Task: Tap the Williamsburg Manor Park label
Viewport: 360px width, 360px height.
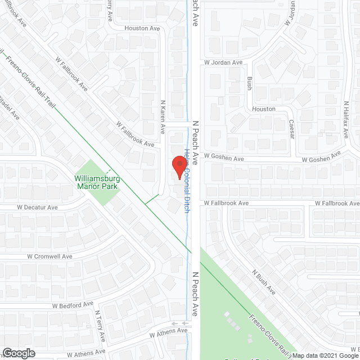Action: pos(98,183)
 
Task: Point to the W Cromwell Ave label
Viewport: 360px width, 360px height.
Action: pos(49,256)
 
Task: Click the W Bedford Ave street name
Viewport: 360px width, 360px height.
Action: pos(73,305)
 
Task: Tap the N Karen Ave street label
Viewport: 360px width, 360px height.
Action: pos(163,116)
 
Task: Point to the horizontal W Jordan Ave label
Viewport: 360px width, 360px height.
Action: pos(223,62)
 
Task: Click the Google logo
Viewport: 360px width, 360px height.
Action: pos(18,353)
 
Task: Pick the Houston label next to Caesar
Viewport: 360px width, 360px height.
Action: pos(263,109)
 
